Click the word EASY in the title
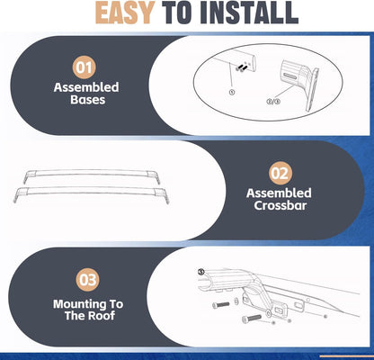[125, 13]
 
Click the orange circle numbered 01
[85, 67]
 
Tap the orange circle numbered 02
[280, 174]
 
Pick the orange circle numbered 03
[87, 280]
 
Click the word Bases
[88, 100]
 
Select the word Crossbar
[280, 206]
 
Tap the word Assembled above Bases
[86, 87]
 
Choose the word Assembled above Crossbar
[279, 193]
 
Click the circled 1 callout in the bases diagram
[232, 93]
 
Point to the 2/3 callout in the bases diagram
[273, 102]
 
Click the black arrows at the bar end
[240, 67]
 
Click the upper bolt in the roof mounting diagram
[221, 305]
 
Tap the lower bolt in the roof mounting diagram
[252, 319]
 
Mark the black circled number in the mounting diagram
[201, 272]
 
